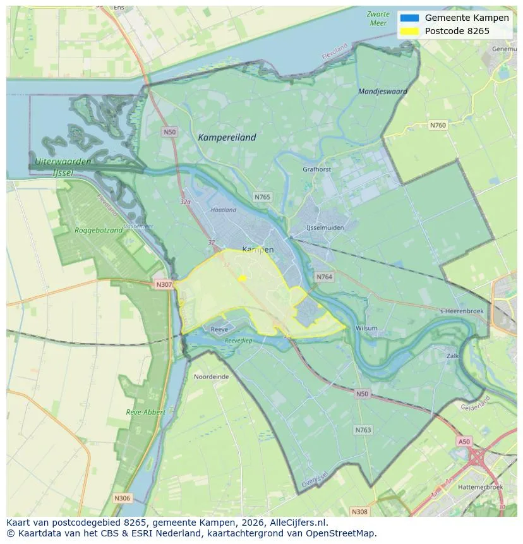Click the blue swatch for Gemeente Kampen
[409, 18]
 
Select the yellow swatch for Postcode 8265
[409, 31]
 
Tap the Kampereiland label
[227, 137]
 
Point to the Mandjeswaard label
[382, 92]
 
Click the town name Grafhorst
[316, 169]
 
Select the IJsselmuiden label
[325, 227]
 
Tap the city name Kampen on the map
[258, 250]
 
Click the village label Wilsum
[366, 329]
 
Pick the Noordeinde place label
[212, 377]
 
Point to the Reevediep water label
[238, 341]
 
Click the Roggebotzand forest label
[99, 231]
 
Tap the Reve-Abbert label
[145, 412]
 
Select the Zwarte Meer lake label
[378, 18]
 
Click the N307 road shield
[164, 285]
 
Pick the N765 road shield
[262, 197]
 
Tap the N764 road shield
[324, 277]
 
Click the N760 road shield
[438, 125]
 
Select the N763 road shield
[363, 430]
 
